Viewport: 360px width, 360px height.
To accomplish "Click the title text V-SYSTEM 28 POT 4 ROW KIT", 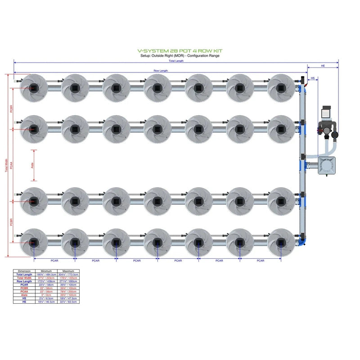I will (180, 51).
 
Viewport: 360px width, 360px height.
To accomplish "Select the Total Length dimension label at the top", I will (176, 61).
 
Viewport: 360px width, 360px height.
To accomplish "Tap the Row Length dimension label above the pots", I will (161, 71).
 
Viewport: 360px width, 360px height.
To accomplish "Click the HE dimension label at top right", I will (323, 66).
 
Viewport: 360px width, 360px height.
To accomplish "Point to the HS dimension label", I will (313, 78).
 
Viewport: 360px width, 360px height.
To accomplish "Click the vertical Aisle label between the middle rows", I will (32, 166).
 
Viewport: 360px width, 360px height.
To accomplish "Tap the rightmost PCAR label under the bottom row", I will (260, 261).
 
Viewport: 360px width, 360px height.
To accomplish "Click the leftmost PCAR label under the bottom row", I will (54, 261).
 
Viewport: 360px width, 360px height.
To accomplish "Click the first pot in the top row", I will (34, 87).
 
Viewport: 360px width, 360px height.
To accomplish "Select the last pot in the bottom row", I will (281, 243).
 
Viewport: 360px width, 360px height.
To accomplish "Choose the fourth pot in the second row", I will (157, 129).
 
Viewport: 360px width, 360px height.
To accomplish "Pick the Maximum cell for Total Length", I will (68, 274).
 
